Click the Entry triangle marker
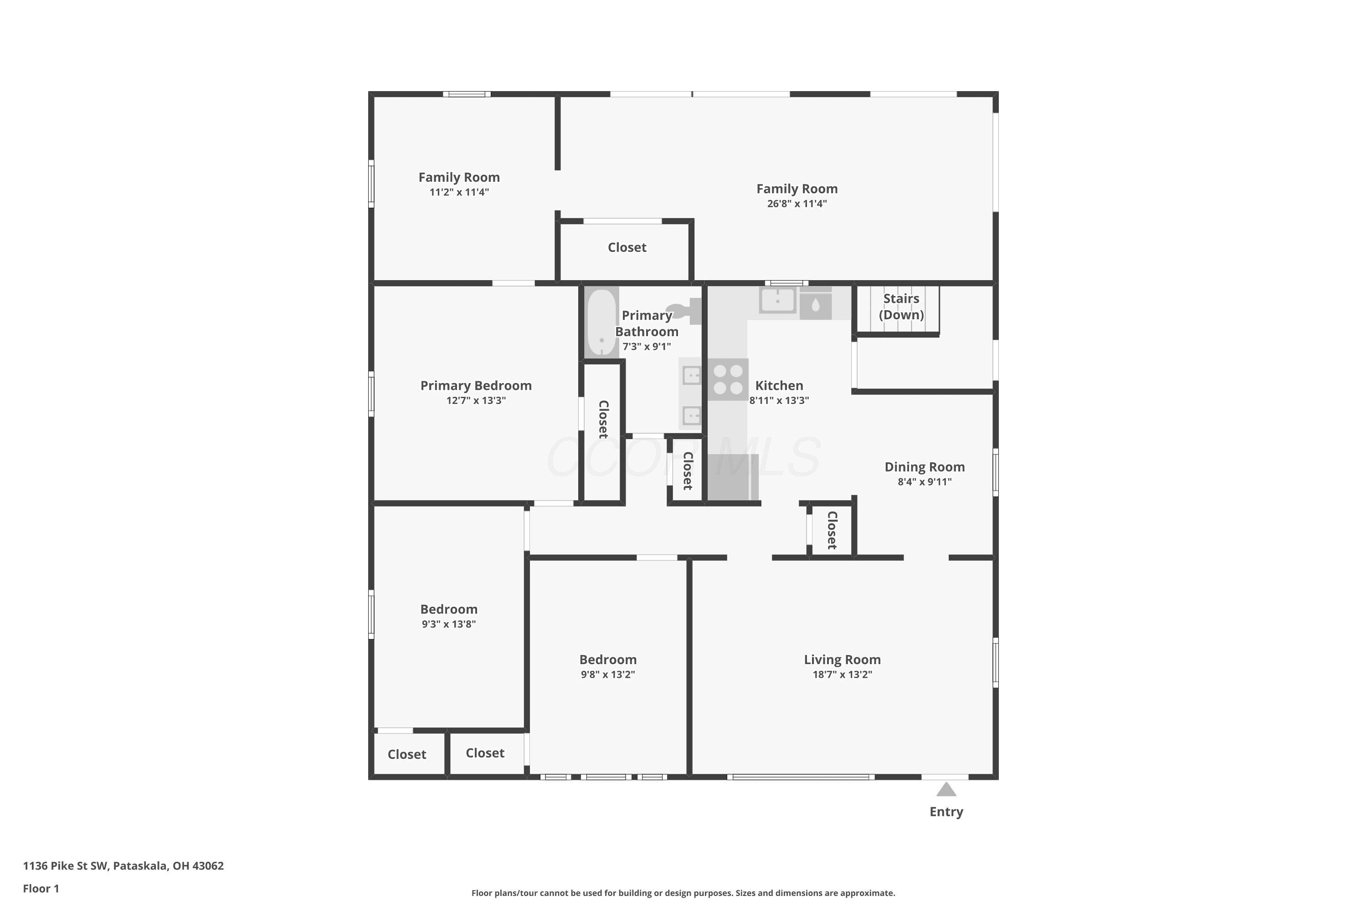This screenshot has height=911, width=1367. click(x=946, y=789)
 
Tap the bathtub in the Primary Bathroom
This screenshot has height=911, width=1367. click(x=601, y=322)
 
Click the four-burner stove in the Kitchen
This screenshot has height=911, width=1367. click(x=728, y=379)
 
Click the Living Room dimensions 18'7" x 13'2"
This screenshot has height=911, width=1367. click(x=842, y=675)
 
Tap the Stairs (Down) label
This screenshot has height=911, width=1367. click(x=901, y=307)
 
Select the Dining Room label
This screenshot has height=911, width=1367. click(x=925, y=467)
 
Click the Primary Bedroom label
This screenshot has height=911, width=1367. click(x=476, y=386)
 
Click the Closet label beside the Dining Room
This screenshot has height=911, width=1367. click(x=832, y=531)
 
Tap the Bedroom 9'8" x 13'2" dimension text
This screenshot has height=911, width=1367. click(x=608, y=675)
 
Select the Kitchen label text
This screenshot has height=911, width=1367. click(x=779, y=386)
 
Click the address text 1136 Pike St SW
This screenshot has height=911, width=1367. click(x=65, y=866)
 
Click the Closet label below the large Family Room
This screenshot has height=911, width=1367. click(x=627, y=247)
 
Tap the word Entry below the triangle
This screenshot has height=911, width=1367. click(x=946, y=812)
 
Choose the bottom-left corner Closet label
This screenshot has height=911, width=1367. click(x=407, y=755)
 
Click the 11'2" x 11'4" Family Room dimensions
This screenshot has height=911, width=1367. click(x=459, y=192)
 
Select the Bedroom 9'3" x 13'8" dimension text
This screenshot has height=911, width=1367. click(x=449, y=624)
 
